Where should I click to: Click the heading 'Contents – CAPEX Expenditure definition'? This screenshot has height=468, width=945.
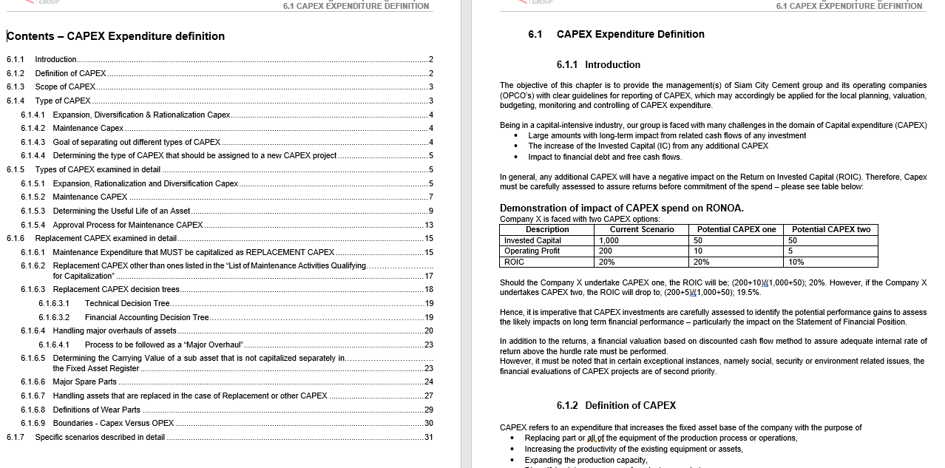[115, 36]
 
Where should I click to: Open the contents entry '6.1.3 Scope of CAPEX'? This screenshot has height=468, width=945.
[65, 87]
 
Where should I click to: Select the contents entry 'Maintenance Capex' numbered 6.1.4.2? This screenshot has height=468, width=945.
[88, 129]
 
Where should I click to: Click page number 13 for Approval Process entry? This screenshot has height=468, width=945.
[429, 225]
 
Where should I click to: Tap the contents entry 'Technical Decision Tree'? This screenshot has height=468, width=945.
[127, 303]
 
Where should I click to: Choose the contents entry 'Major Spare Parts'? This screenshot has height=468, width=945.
[84, 382]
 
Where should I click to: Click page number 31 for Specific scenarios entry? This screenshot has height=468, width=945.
[429, 437]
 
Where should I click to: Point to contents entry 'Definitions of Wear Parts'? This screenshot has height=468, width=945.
[96, 410]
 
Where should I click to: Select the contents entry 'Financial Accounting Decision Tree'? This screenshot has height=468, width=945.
[146, 317]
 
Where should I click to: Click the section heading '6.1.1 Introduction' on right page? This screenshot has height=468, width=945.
[598, 65]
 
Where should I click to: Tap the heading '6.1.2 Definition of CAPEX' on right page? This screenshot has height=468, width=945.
[616, 405]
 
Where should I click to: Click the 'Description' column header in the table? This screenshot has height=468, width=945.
[547, 230]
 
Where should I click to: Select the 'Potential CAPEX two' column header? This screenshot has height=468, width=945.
[831, 230]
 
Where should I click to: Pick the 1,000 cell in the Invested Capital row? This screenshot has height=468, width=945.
[609, 240]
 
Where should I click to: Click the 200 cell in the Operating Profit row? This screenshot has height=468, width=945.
[606, 251]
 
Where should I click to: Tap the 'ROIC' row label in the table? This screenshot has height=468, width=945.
[514, 262]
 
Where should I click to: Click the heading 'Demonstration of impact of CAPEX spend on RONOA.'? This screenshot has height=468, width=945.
[622, 208]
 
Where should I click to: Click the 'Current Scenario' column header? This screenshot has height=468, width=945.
[642, 230]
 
